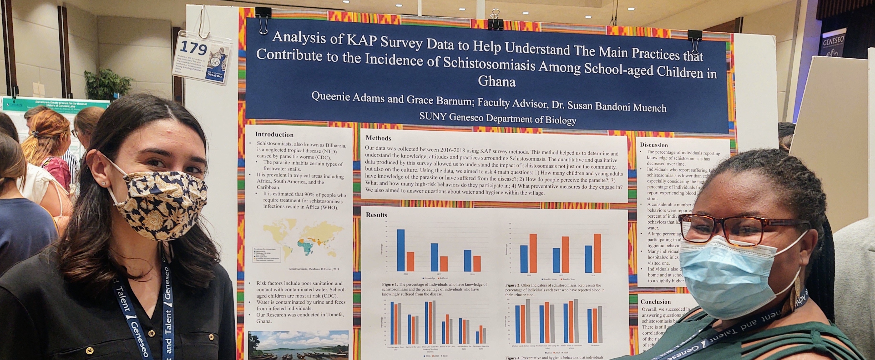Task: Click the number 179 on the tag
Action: point(193,48)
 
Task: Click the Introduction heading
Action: point(274,135)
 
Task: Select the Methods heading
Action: point(378,138)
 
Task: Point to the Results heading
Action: point(376,215)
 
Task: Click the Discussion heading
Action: point(654,145)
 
